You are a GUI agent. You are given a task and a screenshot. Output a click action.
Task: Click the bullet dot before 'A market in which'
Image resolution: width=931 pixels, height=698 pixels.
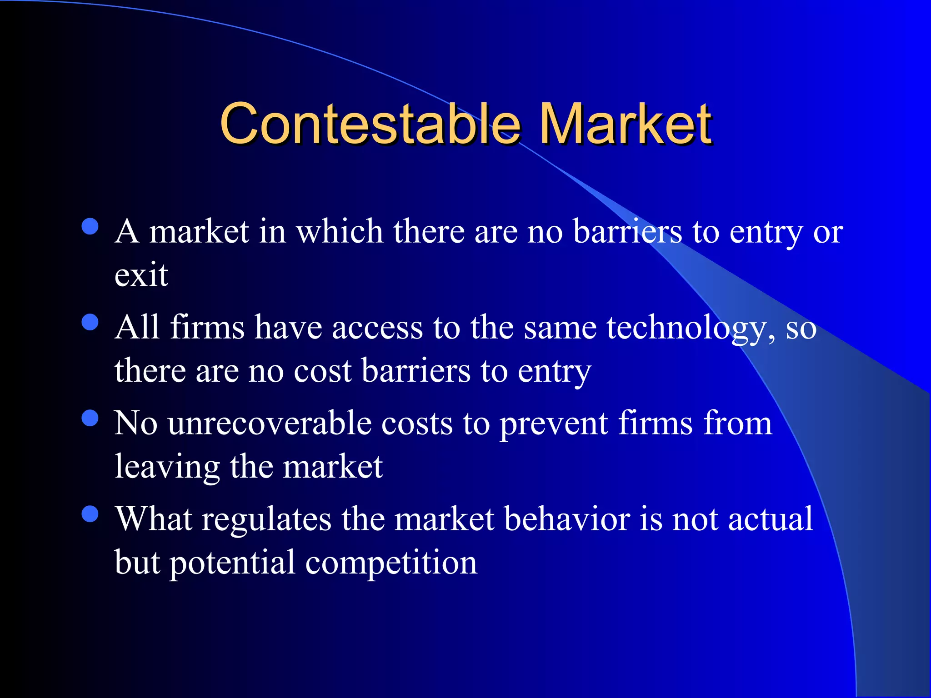click(90, 226)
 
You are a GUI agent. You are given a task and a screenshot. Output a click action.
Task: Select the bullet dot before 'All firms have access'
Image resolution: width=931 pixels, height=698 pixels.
click(90, 322)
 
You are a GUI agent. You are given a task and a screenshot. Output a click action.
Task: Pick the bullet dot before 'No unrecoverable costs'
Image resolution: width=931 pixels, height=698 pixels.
click(90, 418)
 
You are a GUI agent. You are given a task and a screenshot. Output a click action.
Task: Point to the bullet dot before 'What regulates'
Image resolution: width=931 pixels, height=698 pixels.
click(90, 514)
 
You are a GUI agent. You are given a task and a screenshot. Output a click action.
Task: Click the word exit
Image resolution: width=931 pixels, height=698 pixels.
click(141, 274)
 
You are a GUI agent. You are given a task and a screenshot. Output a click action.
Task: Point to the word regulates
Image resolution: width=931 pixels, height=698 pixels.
click(266, 519)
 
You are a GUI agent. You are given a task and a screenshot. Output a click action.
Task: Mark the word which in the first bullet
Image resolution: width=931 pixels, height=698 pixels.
click(340, 232)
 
